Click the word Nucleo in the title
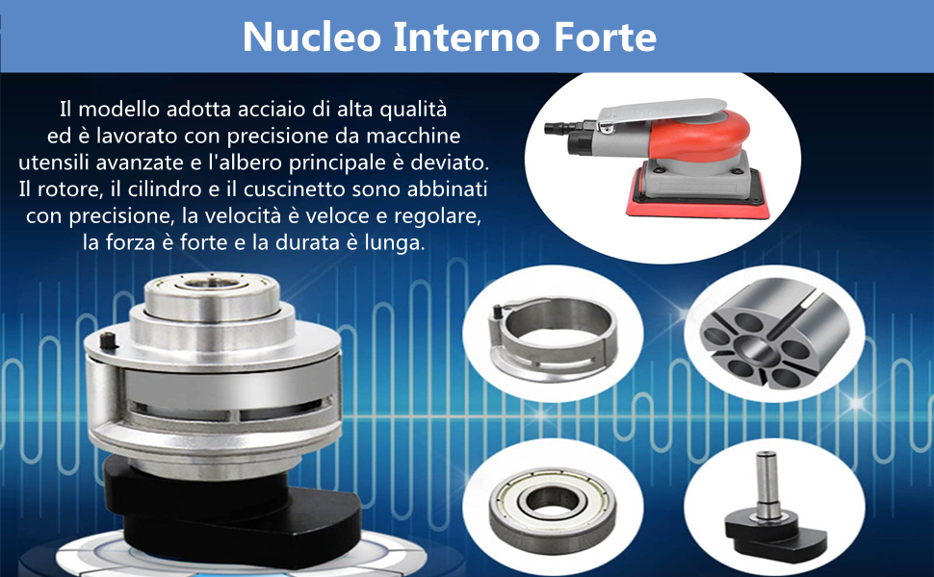[x=312, y=37]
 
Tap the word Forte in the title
[x=606, y=37]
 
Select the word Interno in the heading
[x=468, y=37]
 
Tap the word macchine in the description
[x=413, y=137]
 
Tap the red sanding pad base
[x=697, y=204]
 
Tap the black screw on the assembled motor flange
[x=108, y=340]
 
